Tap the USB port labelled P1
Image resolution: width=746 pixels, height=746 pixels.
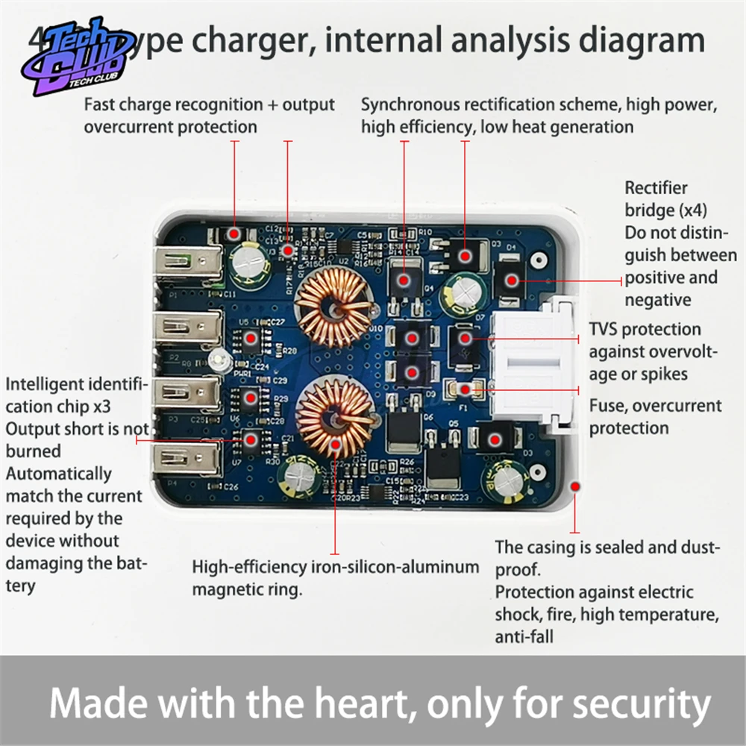click(187, 262)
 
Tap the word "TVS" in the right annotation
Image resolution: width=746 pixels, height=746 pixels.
click(605, 330)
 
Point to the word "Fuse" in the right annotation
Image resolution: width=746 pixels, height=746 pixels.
click(606, 407)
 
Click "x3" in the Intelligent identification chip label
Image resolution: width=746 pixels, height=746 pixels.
click(130, 407)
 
